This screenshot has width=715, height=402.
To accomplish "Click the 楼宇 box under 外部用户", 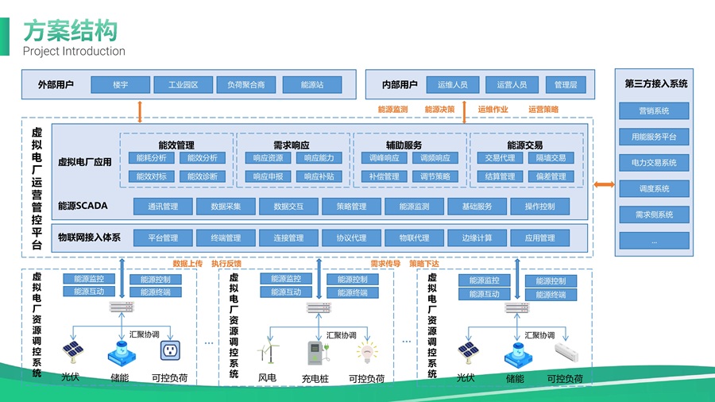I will [x=121, y=85].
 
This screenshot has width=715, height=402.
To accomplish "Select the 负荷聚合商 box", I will [x=246, y=85].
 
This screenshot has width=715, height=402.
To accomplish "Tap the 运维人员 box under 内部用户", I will [x=452, y=85].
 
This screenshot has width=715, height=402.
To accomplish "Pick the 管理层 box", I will [x=566, y=85].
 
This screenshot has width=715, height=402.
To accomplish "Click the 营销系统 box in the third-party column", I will [x=654, y=111].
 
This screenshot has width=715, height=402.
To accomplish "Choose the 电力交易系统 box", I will [x=654, y=163].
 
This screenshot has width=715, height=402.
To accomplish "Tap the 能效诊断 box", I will [x=202, y=176].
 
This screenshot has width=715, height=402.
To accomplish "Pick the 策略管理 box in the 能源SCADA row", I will [x=345, y=207].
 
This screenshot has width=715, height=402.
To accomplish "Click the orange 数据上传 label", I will [x=187, y=264].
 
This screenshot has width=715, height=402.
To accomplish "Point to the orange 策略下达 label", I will [x=424, y=264].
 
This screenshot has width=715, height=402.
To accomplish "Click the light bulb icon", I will [x=365, y=351].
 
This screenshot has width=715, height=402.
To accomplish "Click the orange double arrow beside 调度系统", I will [x=605, y=185].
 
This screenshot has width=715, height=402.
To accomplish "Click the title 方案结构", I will [x=70, y=31].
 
